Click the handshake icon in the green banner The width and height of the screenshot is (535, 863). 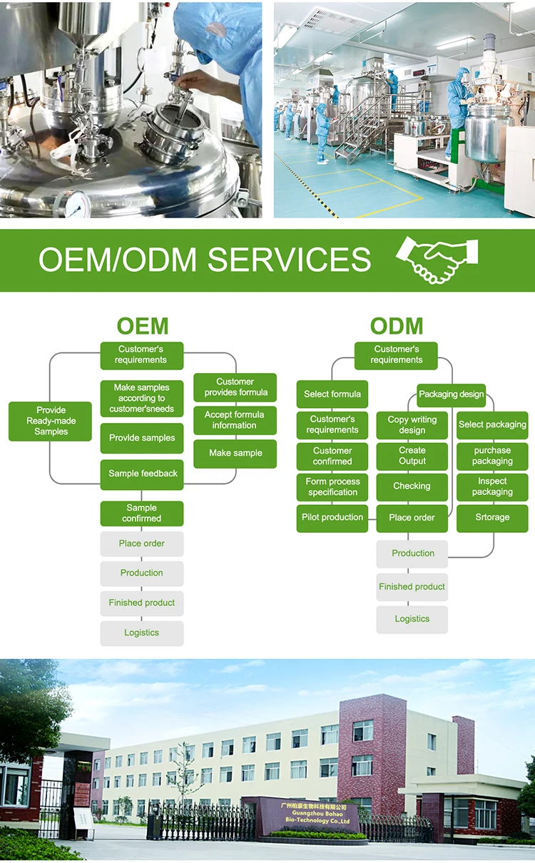point(437,260)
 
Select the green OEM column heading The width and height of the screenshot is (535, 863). point(143,326)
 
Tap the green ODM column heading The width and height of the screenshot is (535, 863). point(397,326)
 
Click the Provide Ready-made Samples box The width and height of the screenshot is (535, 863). point(51,421)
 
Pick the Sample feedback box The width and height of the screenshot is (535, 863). point(142,474)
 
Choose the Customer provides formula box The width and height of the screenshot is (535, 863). point(235,387)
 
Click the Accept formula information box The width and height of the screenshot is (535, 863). point(235,420)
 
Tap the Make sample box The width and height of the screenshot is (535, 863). point(235,453)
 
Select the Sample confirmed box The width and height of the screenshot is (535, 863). point(142,514)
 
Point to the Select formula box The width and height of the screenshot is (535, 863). point(332,394)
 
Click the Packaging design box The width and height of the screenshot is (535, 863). point(451,394)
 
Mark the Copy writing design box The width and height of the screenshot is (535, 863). point(412,425)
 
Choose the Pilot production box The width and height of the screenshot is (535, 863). point(332,518)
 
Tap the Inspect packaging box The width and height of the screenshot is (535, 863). point(492,487)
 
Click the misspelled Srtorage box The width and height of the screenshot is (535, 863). point(492,518)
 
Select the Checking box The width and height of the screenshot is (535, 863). point(412,486)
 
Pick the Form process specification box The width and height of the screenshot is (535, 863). point(332,487)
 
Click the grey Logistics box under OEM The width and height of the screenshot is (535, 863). point(142,633)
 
